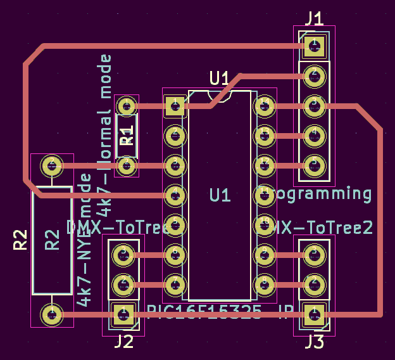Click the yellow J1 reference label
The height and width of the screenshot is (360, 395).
314,17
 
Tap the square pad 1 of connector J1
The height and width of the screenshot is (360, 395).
314,44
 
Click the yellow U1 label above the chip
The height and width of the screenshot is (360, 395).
220,79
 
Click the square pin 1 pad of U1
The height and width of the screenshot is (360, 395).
174,105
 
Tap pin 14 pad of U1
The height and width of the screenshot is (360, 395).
265,105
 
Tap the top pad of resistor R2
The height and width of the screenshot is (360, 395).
51,166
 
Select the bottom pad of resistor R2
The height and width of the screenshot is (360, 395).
51,314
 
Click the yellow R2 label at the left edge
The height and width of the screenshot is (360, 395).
20,240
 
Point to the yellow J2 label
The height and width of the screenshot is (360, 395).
123,342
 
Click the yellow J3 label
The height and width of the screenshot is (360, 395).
314,342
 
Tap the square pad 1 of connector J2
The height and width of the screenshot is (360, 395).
123,312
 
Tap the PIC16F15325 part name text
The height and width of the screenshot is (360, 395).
204,311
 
